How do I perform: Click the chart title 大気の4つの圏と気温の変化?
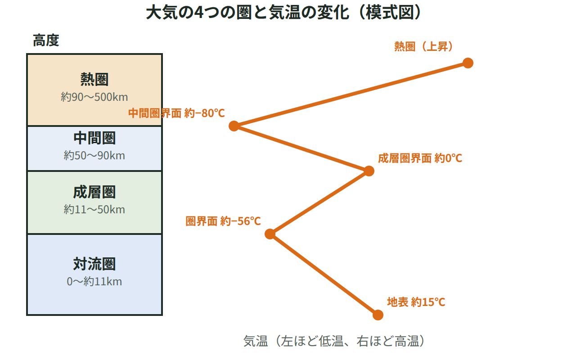[x=247, y=13]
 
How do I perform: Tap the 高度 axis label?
[x=46, y=40]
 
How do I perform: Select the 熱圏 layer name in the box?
[x=94, y=79]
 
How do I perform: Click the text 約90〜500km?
[x=94, y=97]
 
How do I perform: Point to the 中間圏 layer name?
[x=94, y=138]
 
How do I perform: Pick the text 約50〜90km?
[x=94, y=156]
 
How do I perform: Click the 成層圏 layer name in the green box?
[x=94, y=192]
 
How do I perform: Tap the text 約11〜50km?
[x=94, y=210]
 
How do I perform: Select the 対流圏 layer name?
[x=94, y=264]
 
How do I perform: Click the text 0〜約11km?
[x=94, y=282]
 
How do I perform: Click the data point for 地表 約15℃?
[x=378, y=315]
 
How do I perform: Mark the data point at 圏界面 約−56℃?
[x=270, y=234]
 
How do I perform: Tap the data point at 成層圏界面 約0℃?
[x=369, y=171]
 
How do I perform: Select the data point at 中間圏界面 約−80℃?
[x=234, y=126]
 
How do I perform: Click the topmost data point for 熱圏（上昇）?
[x=468, y=63]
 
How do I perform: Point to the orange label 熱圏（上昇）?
[x=423, y=46]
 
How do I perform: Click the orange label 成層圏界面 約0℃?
[x=420, y=158]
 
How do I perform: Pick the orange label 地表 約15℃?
[x=416, y=302]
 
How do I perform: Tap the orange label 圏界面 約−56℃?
[x=223, y=221]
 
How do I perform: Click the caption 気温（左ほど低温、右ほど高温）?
[x=334, y=341]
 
